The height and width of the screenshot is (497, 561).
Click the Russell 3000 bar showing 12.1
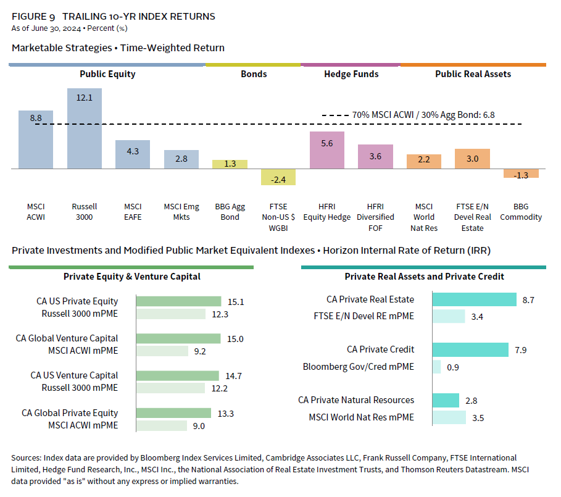pyautogui.click(x=85, y=128)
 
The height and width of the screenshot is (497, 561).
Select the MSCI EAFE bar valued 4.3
pyautogui.click(x=133, y=154)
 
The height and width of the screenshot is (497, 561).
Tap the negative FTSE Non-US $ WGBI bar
pyautogui.click(x=278, y=177)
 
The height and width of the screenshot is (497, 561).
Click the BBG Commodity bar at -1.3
pyautogui.click(x=521, y=173)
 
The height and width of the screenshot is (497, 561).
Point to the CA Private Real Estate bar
pyautogui.click(x=474, y=299)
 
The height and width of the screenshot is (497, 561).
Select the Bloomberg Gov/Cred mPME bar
pyautogui.click(x=436, y=367)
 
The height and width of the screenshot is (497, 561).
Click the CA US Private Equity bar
pyautogui.click(x=178, y=301)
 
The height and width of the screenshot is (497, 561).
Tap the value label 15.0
pyautogui.click(x=235, y=338)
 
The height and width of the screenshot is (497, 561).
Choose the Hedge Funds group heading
pyautogui.click(x=351, y=74)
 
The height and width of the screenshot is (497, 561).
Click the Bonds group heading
pyautogui.click(x=254, y=74)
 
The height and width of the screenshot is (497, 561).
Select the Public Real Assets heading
pyautogui.click(x=473, y=74)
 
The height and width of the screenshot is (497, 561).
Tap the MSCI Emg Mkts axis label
pyautogui.click(x=181, y=211)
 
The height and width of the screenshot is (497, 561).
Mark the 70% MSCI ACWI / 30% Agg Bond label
pyautogui.click(x=423, y=115)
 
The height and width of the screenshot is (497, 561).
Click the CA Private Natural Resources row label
pyautogui.click(x=356, y=400)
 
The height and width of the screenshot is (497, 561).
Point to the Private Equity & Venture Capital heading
pyautogui.click(x=132, y=277)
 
